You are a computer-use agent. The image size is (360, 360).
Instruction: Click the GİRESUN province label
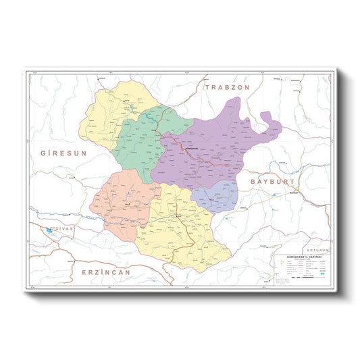(x=64, y=153)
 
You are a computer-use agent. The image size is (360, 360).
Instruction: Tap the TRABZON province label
(x=228, y=88)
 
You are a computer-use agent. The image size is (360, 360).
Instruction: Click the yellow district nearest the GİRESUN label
(x=108, y=115)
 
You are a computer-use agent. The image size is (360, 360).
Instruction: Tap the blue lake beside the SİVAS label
(x=48, y=229)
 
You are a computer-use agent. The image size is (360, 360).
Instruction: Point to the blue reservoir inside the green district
(x=147, y=118)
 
